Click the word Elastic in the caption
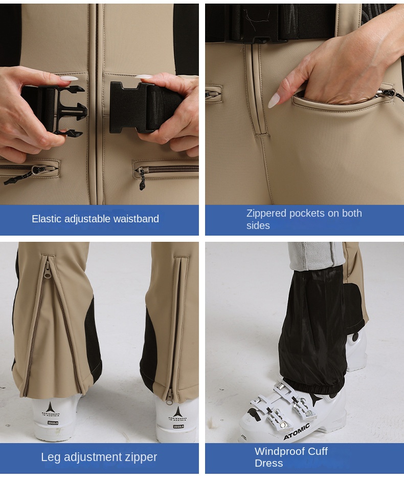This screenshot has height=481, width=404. [x=47, y=219]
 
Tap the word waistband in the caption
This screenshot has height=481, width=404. [x=136, y=219]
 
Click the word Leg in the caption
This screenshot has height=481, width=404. [x=50, y=457]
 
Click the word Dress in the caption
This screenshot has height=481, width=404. [x=268, y=463]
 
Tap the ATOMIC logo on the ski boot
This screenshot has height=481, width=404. [x=297, y=431]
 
